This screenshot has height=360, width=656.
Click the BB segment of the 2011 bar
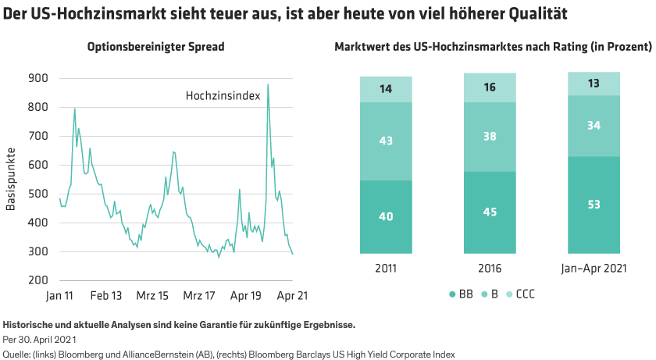coord(386,217)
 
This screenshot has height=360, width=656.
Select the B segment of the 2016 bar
coord(490,137)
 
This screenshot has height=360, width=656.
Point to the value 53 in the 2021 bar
coord(594,205)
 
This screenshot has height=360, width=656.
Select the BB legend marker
coord(453,294)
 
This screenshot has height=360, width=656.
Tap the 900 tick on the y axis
coord(37,78)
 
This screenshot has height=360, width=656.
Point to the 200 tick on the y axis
coord(37,280)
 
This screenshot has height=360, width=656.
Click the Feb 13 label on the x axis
coord(105,297)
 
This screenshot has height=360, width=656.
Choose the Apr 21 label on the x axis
coord(292,297)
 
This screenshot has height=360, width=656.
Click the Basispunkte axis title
coord(11,179)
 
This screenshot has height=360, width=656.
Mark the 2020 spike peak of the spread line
coord(268,85)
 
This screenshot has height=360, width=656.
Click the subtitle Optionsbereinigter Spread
coord(155,47)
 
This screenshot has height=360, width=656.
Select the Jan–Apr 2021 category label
coord(594,268)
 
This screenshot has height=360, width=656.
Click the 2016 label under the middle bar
coord(490,268)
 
